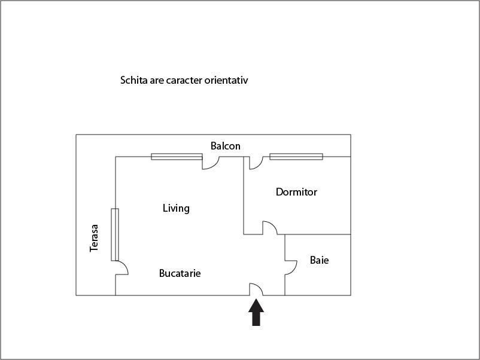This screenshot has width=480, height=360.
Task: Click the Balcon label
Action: tap(225, 146)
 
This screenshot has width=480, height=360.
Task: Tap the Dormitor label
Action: tap(296, 192)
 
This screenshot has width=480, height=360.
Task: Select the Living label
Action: tap(176, 208)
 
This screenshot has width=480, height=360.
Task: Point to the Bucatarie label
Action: tap(180, 273)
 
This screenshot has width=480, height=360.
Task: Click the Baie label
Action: tap(319, 260)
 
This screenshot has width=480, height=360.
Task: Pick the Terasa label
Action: tap(94, 238)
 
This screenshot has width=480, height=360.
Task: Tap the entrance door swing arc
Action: tap(257, 289)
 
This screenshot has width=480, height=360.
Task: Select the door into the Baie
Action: tap(291, 267)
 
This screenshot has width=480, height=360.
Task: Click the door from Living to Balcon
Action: tap(211, 163)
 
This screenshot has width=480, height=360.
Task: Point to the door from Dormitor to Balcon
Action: tap(256, 163)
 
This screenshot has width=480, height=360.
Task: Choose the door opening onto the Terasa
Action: tap(121, 268)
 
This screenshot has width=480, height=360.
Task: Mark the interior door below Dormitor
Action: tap(269, 228)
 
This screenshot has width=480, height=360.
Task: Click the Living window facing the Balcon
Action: tap(177, 157)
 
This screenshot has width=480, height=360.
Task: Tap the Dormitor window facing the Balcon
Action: tap(296, 157)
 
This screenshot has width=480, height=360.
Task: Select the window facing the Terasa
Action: tap(115, 234)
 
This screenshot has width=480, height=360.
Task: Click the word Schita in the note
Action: tap(134, 80)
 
